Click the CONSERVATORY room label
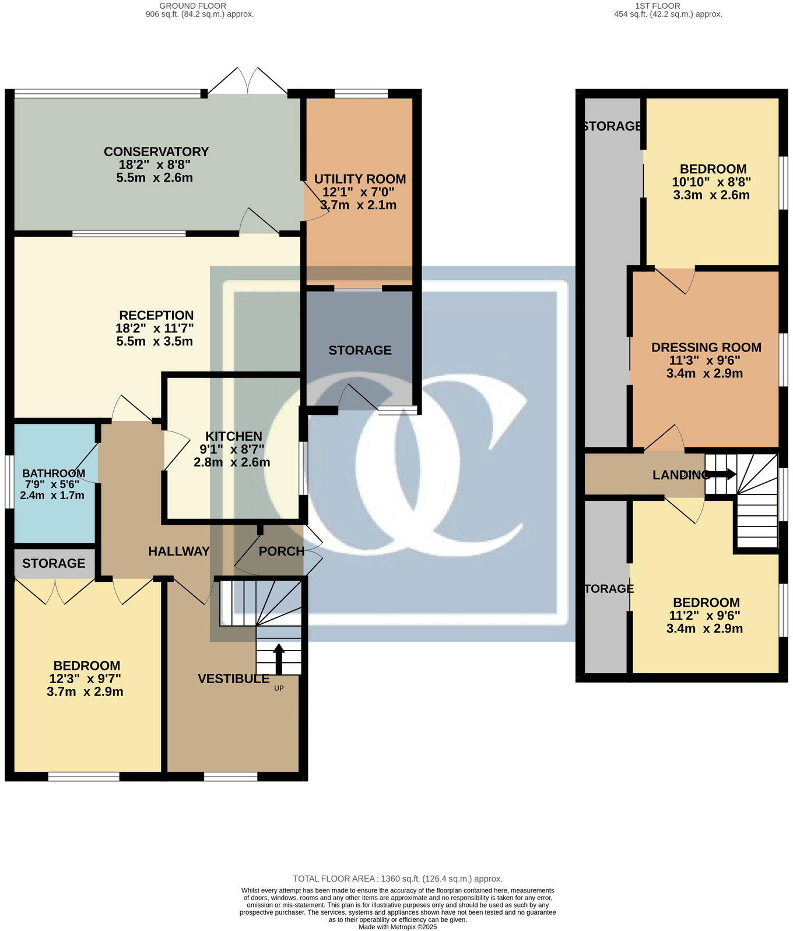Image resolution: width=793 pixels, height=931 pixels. click(x=156, y=152)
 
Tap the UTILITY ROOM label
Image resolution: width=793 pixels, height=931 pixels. click(x=360, y=179)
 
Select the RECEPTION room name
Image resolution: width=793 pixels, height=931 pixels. click(x=156, y=315)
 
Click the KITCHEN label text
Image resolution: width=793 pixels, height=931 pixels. click(x=233, y=436)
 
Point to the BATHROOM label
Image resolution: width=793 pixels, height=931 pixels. click(x=54, y=473)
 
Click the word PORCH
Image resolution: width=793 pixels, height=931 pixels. click(x=282, y=551)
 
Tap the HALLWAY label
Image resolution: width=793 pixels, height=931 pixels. click(x=178, y=551)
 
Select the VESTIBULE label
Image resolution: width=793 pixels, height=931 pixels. click(x=233, y=679)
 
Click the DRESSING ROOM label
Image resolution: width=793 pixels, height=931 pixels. click(x=706, y=347)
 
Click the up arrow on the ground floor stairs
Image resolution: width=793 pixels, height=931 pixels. click(x=279, y=658)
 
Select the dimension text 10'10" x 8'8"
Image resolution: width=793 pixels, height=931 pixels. click(x=711, y=182)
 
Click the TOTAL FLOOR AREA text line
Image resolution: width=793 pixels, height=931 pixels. click(x=397, y=879)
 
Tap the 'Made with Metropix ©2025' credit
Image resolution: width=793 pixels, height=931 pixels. click(x=397, y=926)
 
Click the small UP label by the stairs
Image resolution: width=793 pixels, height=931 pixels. click(x=279, y=688)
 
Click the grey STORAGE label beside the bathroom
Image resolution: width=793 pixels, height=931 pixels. click(x=54, y=563)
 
